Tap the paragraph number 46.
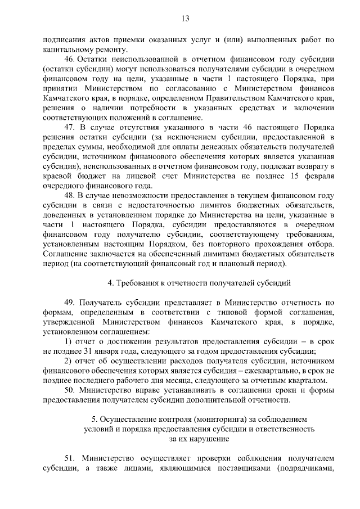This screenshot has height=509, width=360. (x=70, y=60)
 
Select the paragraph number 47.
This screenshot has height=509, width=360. (x=70, y=128)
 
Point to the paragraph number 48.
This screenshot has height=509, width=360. (x=70, y=195)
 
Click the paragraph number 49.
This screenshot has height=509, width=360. (x=70, y=302)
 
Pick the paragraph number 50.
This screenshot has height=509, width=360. (x=70, y=390)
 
